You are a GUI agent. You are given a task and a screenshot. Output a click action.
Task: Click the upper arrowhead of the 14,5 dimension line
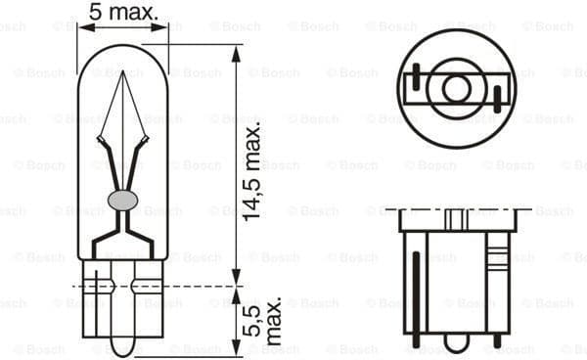coord(234,52)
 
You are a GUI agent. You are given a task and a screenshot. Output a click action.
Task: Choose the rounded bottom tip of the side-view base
coord(455,344)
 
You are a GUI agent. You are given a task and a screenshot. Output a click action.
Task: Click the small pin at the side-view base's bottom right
coord(497,342)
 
